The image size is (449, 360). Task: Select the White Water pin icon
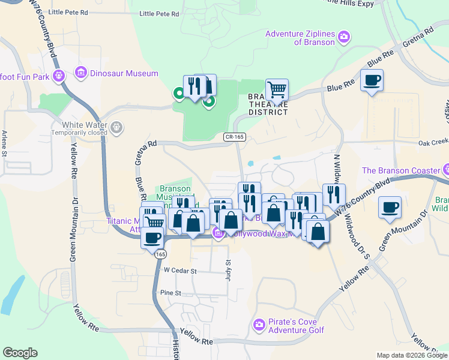point(116,127)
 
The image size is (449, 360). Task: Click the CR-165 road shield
point(234,137)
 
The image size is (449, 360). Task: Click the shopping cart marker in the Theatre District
point(277,90)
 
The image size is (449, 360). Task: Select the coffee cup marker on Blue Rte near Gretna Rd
point(372,80)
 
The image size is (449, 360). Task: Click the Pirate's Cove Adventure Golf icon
point(259,325)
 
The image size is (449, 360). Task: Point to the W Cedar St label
point(180,271)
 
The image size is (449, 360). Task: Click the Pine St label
point(170,293)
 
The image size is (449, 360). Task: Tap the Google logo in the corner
point(20,353)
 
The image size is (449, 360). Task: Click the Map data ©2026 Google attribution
point(412,355)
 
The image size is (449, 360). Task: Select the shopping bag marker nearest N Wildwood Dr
point(318,231)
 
